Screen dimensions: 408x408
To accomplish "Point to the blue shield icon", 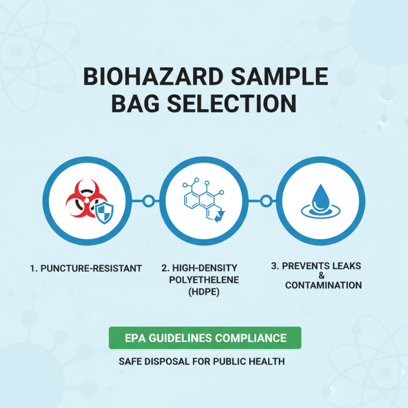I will (x=104, y=209).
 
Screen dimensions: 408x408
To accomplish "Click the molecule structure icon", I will (x=201, y=201).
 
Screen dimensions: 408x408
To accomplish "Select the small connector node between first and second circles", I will (x=148, y=200).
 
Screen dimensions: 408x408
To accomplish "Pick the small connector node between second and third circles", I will (x=265, y=200).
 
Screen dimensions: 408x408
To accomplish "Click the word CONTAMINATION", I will (x=323, y=285).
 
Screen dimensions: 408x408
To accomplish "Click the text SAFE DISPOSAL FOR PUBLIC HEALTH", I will (x=201, y=362).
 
